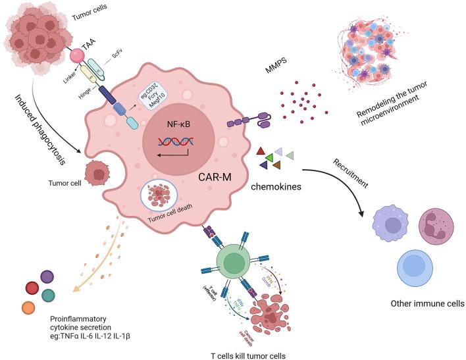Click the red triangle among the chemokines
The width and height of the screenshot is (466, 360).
(261, 152)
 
